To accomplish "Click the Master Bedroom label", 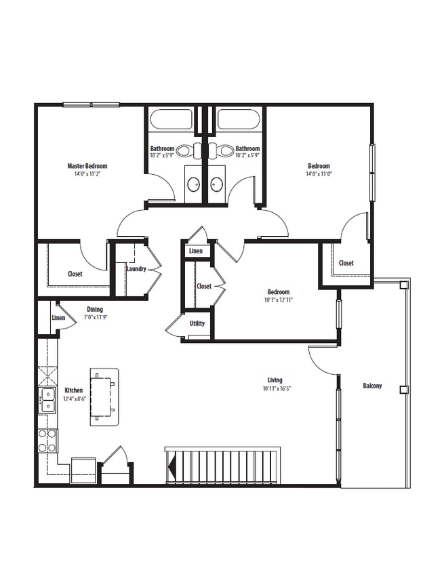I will (87, 166).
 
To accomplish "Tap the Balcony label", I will (372, 386).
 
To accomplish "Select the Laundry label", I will (136, 269).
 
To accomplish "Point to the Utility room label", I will (197, 323).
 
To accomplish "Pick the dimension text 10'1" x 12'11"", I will (279, 300).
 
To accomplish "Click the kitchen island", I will (105, 397).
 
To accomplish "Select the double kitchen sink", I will (47, 401).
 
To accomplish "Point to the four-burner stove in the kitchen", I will (47, 441).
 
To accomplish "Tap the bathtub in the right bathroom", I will (238, 121).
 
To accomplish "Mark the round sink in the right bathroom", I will (216, 183).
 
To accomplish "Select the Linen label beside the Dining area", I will (58, 318).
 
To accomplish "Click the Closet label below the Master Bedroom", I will (75, 274).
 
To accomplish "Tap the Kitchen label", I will (74, 391).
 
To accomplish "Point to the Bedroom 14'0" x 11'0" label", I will (319, 166).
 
